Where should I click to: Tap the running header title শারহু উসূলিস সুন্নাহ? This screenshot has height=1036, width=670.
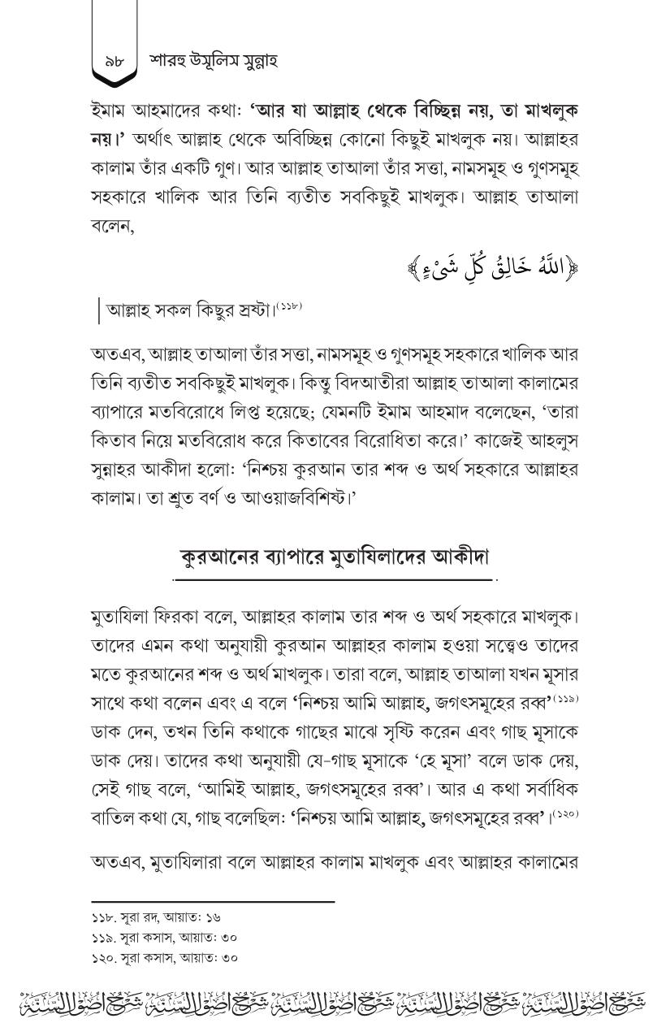pyautogui.click(x=214, y=62)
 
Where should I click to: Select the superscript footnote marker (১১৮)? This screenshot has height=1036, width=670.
pyautogui.click(x=288, y=305)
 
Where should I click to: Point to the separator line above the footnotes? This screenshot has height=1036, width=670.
pyautogui.click(x=213, y=902)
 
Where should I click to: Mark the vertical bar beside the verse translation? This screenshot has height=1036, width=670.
pyautogui.click(x=99, y=310)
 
